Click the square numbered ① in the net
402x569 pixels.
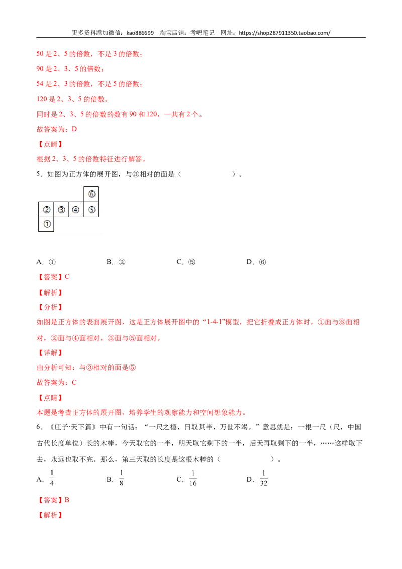[47, 224]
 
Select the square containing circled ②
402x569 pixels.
[47, 209]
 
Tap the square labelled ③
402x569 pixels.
[61, 209]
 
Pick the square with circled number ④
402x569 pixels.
[76, 209]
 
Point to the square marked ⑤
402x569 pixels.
[91, 209]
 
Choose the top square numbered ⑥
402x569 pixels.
[91, 194]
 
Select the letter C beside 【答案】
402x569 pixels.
[68, 277]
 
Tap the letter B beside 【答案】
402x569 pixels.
[68, 500]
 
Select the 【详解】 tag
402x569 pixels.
[50, 353]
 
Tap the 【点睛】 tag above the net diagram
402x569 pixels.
[50, 144]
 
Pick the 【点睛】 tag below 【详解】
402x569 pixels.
[50, 398]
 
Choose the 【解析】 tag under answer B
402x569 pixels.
[50, 515]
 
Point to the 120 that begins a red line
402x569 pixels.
[41, 99]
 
